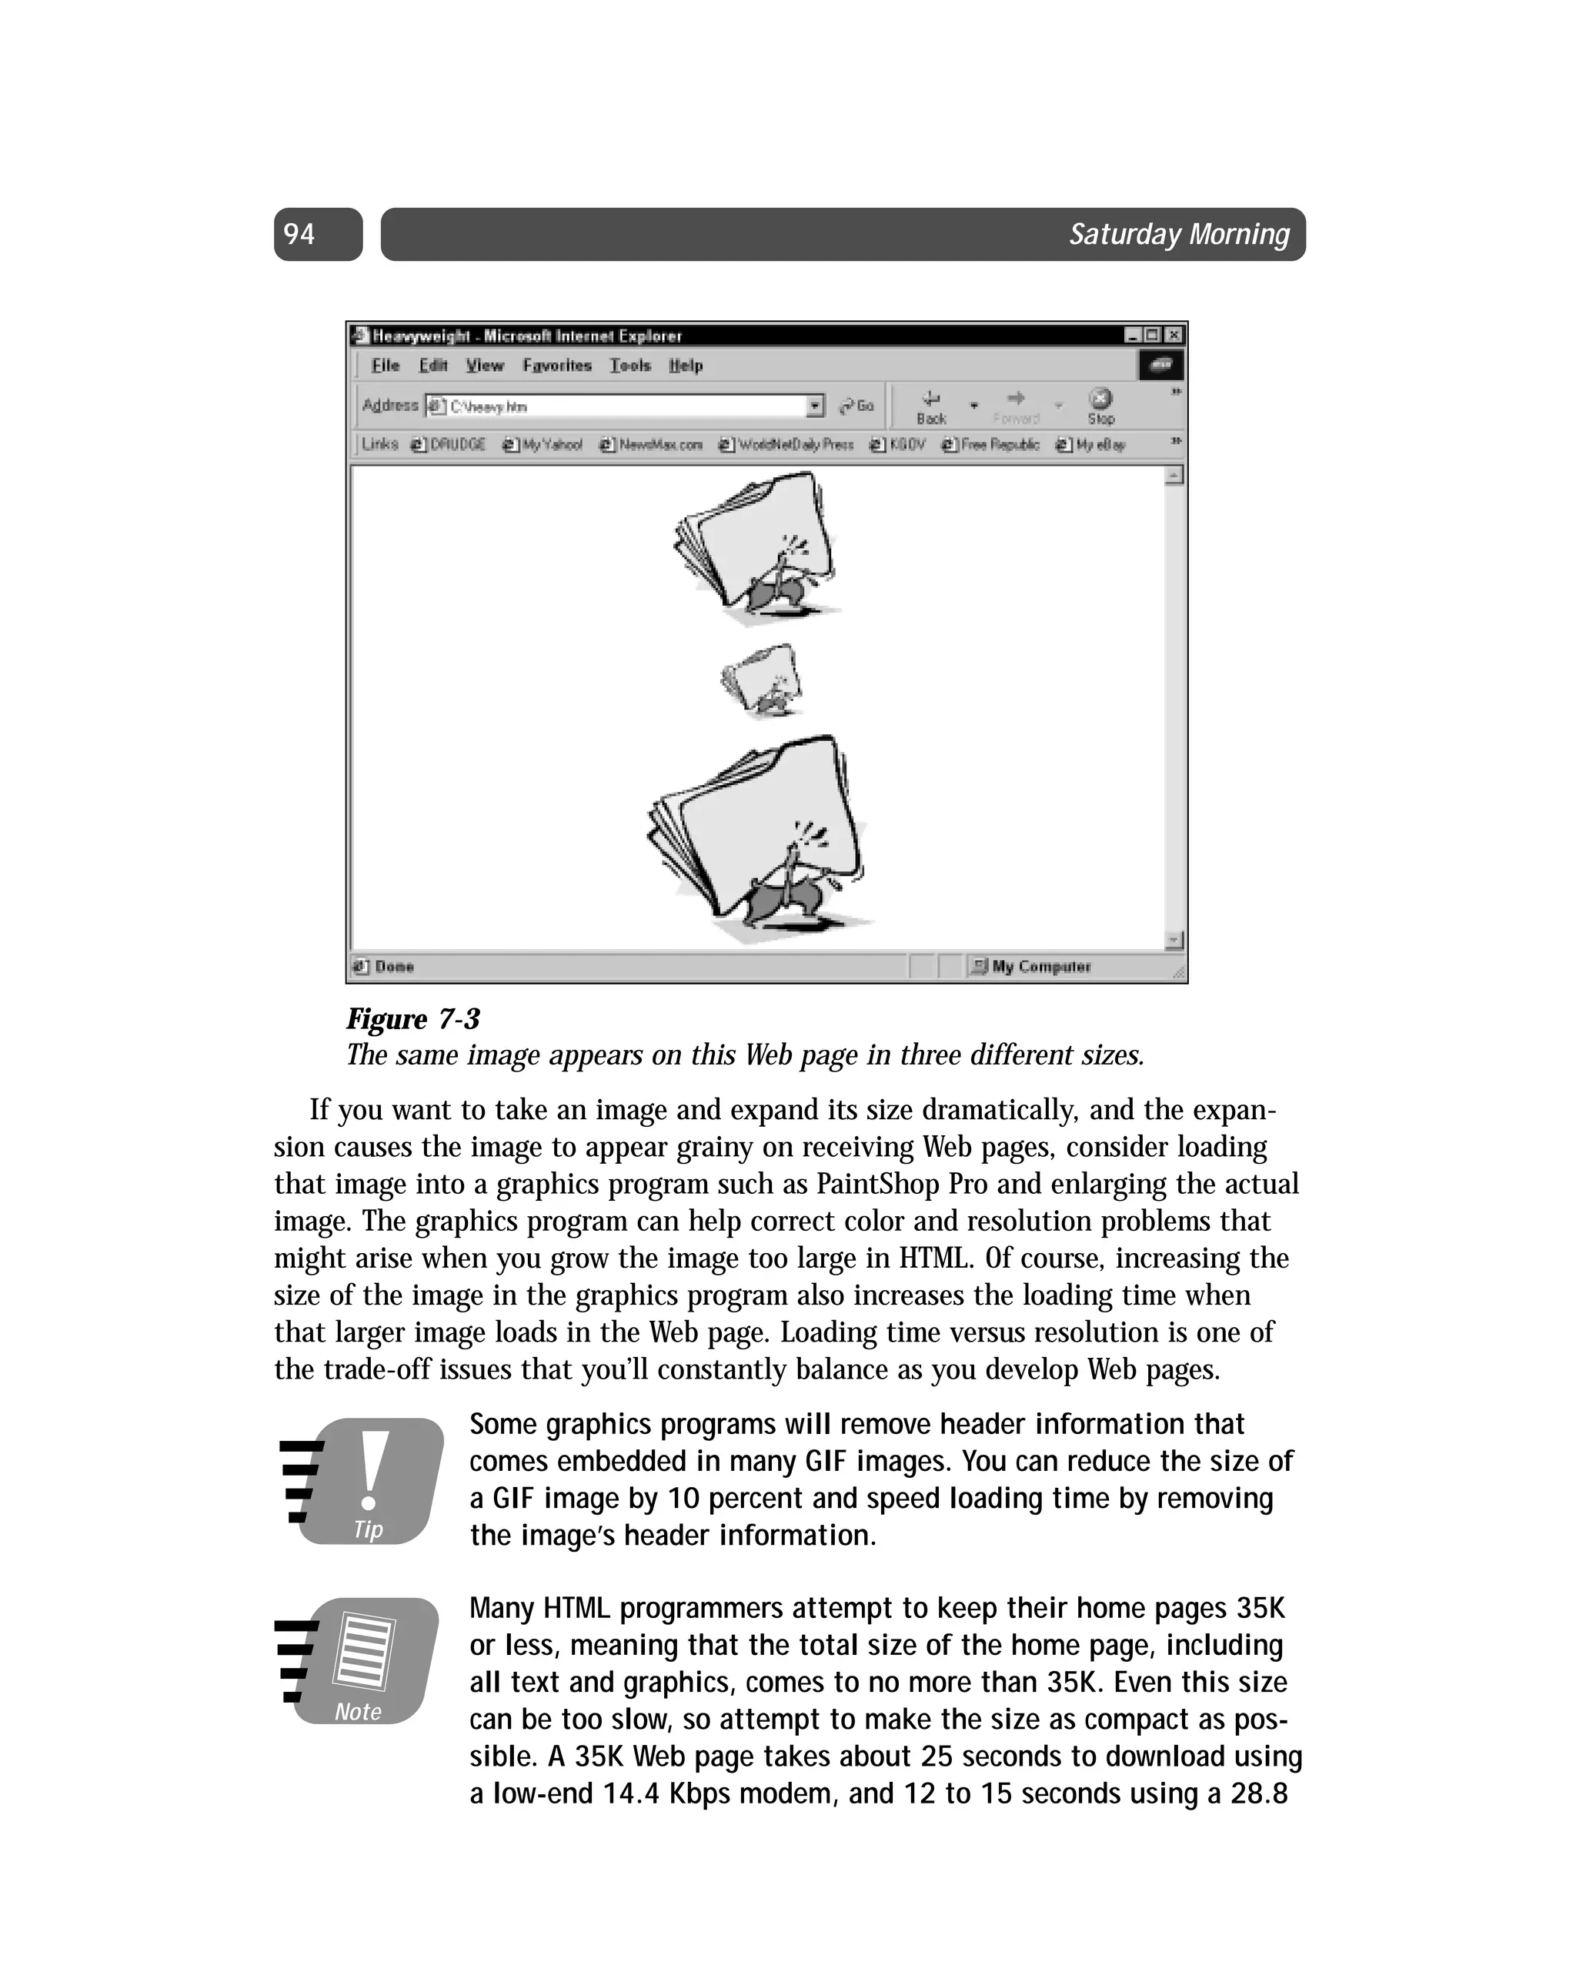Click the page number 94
pos(299,234)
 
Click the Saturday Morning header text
pos(1178,234)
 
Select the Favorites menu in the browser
pos(556,366)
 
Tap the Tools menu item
pos(630,366)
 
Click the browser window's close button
pos(1174,336)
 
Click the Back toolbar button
pos(930,406)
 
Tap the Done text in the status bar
pos(393,967)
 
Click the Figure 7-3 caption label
pos(412,1019)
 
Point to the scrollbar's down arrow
pos(1174,941)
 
